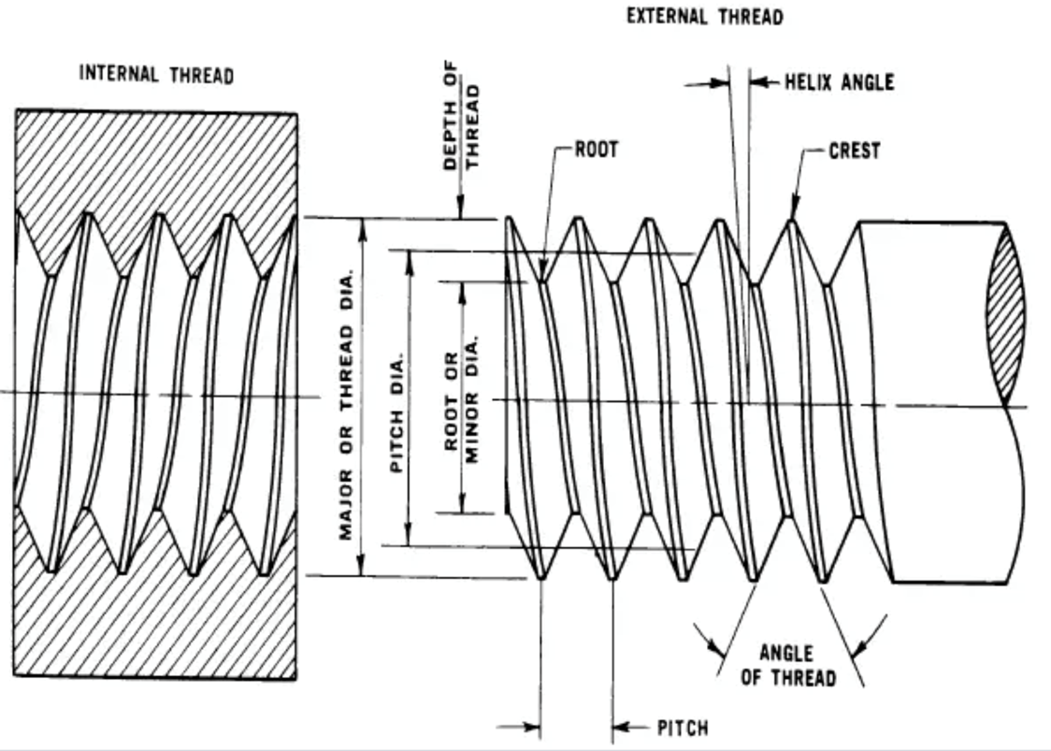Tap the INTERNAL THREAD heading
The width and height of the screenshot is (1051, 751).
156,75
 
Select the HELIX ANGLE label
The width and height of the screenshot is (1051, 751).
839,82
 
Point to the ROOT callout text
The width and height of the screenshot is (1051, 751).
596,150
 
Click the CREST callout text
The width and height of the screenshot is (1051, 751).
854,151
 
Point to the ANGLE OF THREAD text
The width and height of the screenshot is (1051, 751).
786,665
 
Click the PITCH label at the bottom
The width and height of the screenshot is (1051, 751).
683,728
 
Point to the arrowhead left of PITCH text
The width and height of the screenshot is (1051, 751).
622,727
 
